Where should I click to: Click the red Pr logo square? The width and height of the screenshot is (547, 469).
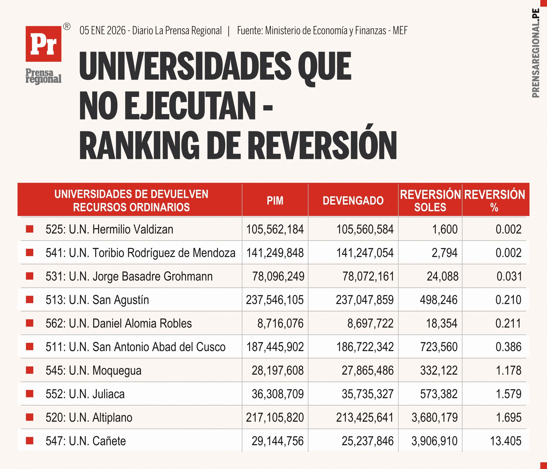(43, 44)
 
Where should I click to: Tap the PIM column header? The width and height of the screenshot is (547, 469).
(275, 201)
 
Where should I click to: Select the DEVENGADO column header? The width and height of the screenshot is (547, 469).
(353, 201)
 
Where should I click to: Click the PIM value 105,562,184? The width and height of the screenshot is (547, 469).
(275, 229)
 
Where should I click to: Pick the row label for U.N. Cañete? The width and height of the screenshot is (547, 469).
(86, 441)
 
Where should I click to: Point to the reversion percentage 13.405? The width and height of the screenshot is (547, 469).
(506, 441)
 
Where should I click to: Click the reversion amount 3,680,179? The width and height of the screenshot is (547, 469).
(435, 417)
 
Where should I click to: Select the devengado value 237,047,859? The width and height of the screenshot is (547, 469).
(365, 300)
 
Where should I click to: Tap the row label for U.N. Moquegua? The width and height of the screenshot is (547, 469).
(93, 370)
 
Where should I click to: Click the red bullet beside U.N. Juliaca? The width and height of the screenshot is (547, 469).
(29, 394)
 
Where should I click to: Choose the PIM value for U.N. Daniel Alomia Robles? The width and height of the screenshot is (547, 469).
(280, 323)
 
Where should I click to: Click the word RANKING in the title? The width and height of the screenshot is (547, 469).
(139, 145)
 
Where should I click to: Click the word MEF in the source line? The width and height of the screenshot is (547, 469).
(400, 31)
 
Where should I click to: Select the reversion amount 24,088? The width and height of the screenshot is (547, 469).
(443, 276)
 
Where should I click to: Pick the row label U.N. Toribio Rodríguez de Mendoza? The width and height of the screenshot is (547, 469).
(140, 253)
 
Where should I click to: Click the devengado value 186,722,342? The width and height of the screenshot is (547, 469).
(365, 347)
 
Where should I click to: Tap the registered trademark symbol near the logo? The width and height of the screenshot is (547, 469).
(67, 27)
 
